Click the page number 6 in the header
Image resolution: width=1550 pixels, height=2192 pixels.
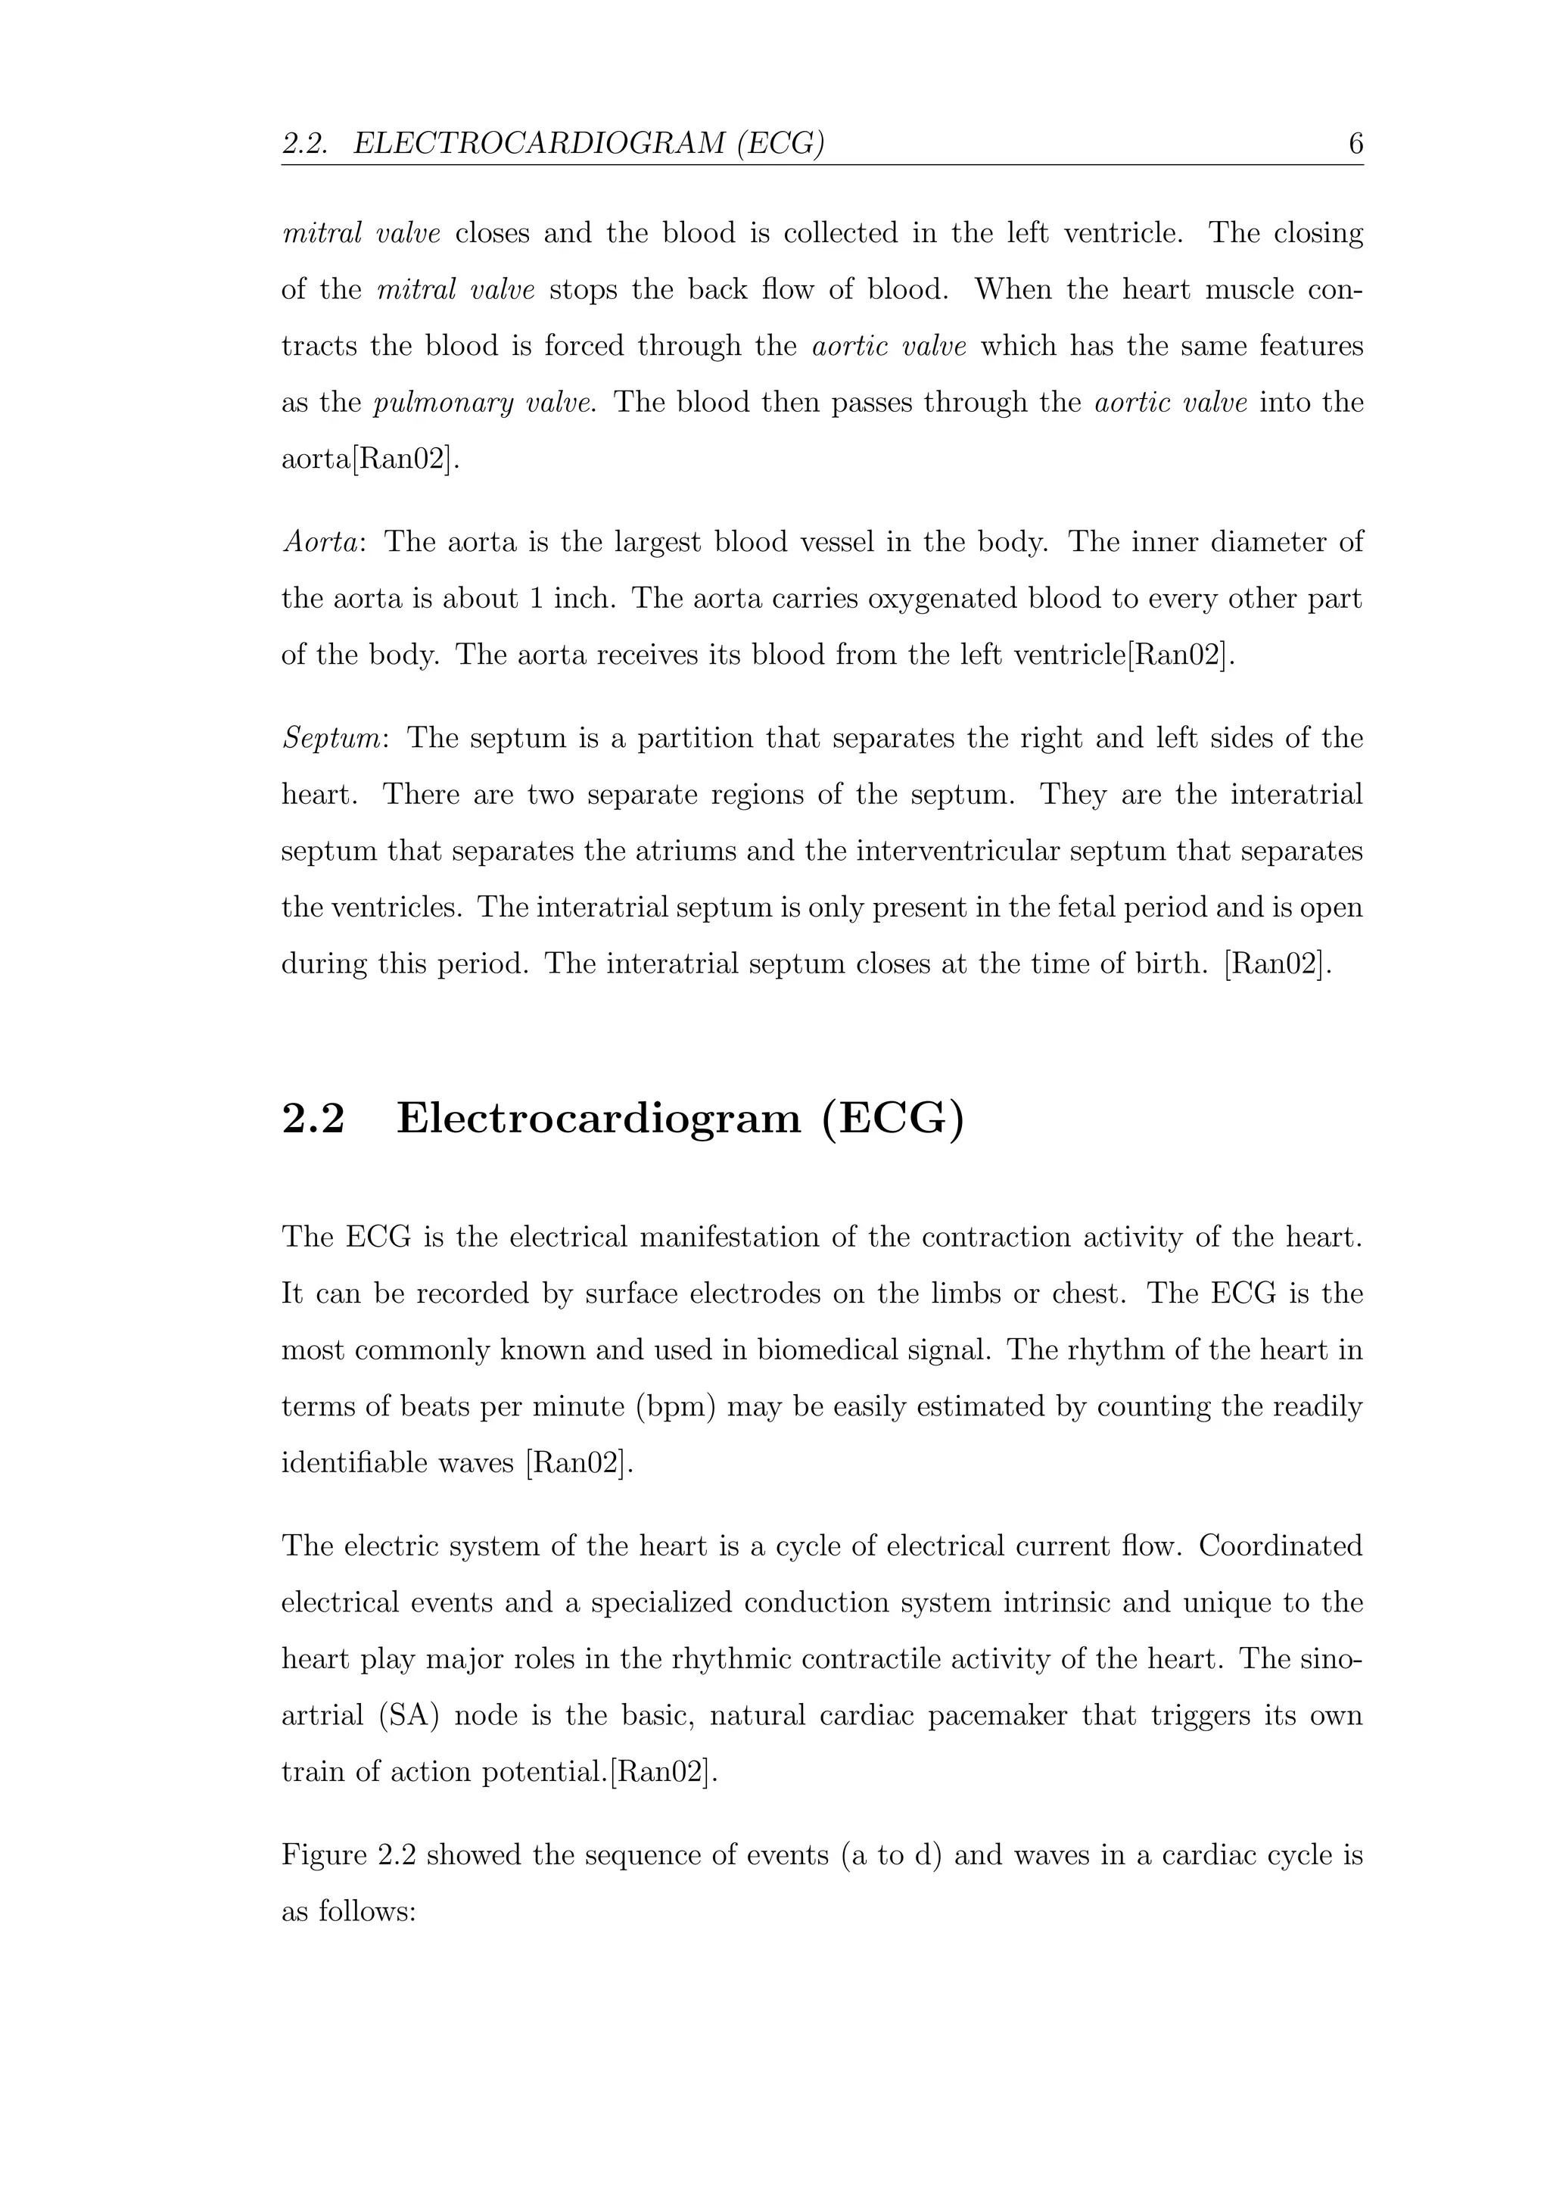[x=1355, y=144]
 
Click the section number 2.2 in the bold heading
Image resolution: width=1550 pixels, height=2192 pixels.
[x=313, y=1118]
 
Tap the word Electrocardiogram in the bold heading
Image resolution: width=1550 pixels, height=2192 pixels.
[x=599, y=1118]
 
